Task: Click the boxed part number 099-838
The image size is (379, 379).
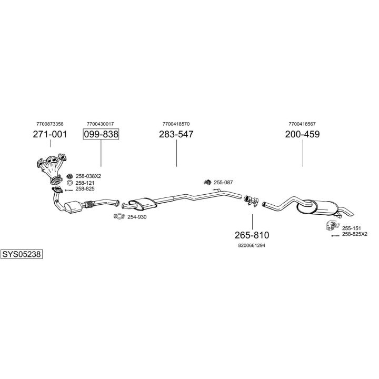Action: tap(101, 134)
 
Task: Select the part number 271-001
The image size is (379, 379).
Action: tap(50, 134)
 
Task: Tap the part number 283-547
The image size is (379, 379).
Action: tap(176, 134)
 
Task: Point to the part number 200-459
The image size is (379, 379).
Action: tap(302, 134)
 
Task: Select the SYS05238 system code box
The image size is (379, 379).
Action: tap(22, 254)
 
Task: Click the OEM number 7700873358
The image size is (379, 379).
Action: tap(50, 124)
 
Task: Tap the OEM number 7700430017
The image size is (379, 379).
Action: tap(101, 124)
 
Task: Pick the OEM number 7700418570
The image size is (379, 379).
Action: tap(176, 124)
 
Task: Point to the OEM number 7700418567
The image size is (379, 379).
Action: tap(302, 124)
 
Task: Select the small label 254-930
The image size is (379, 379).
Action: tap(137, 217)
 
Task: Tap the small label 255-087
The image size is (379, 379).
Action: tap(223, 182)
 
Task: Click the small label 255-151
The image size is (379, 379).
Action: tap(351, 228)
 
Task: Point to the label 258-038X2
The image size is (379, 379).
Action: tap(88, 176)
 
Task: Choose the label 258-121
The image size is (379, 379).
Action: tap(85, 183)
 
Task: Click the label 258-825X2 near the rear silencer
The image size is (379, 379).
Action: tap(355, 234)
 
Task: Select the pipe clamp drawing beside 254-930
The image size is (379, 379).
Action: tap(119, 216)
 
